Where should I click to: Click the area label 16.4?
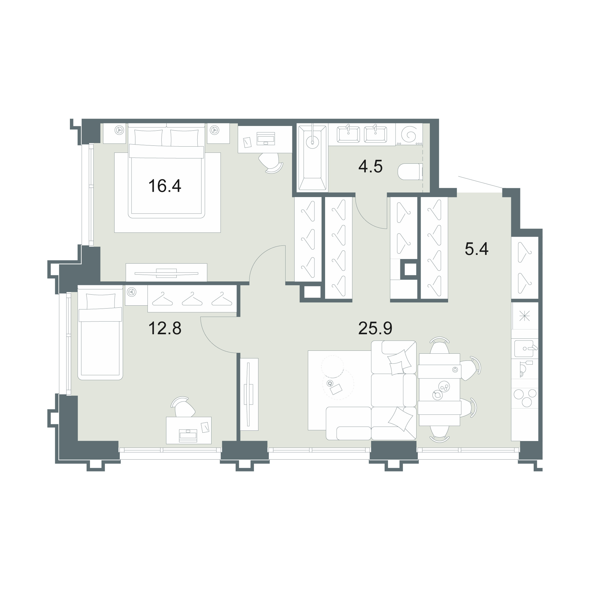click(x=165, y=186)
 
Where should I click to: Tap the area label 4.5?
click(x=371, y=167)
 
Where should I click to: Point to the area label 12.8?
click(x=165, y=329)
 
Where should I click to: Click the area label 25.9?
click(x=375, y=329)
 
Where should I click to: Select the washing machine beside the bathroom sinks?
click(x=409, y=134)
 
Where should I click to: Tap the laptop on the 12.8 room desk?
click(x=188, y=436)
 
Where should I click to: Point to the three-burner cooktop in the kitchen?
click(x=525, y=397)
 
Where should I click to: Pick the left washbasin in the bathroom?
click(x=348, y=134)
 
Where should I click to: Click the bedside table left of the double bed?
click(x=114, y=133)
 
